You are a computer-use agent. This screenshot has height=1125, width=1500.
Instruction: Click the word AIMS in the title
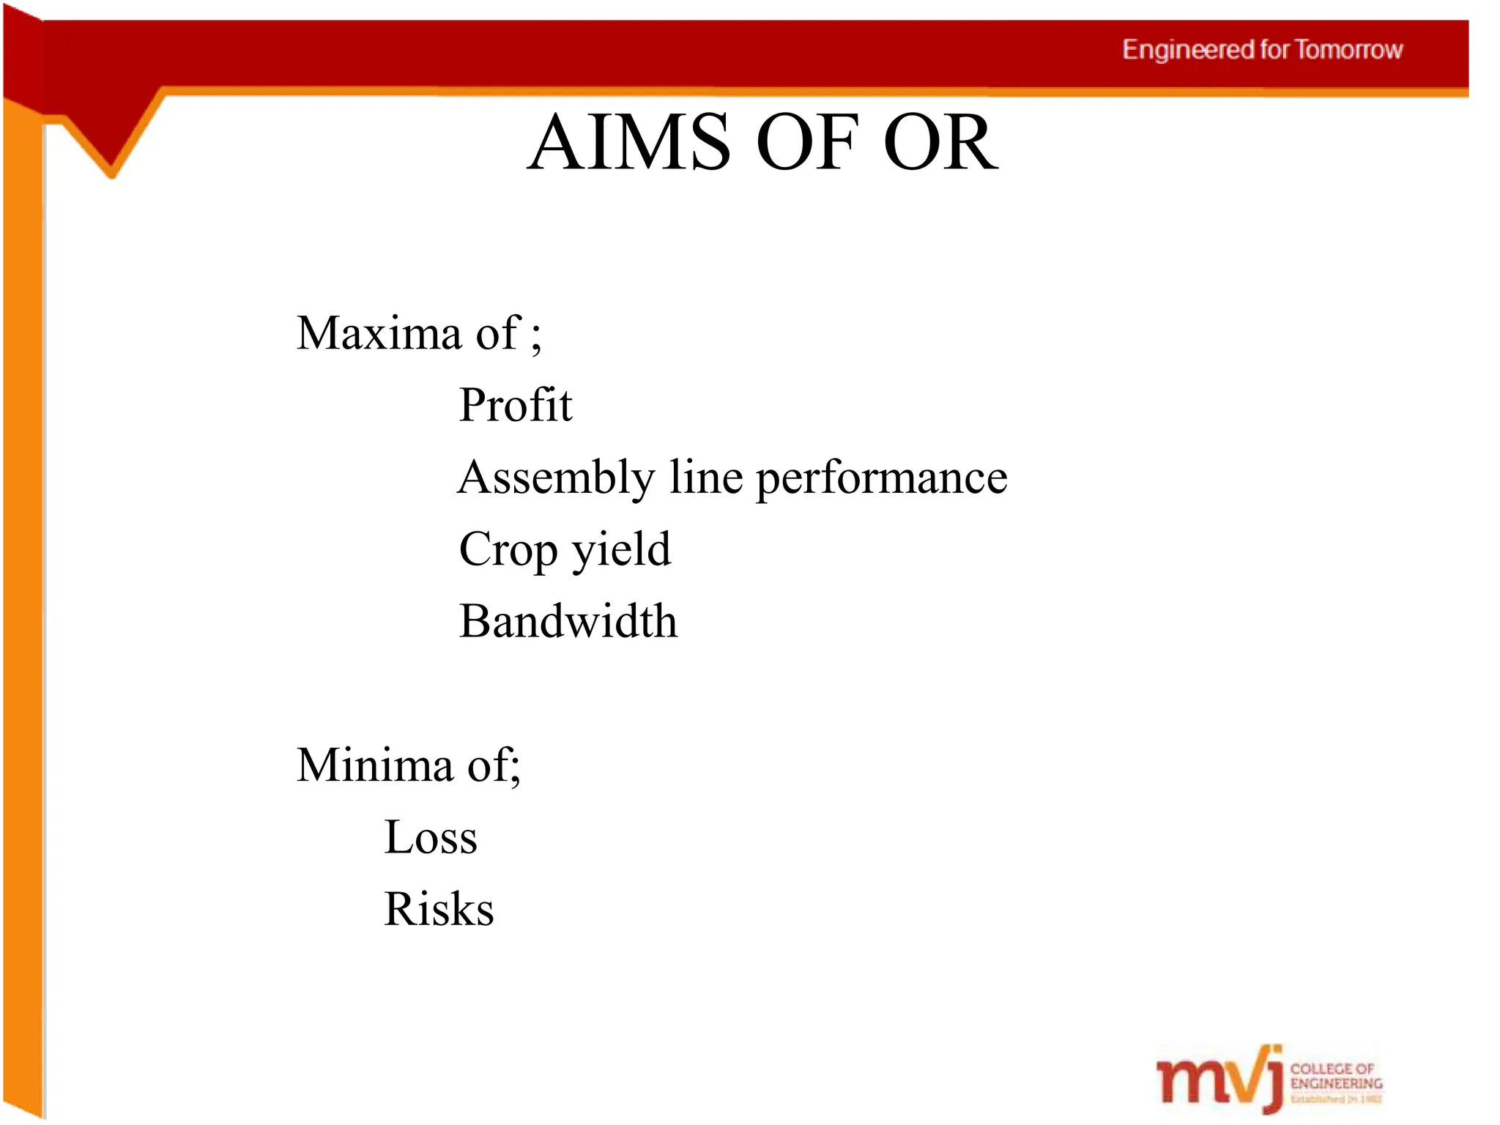coord(629,142)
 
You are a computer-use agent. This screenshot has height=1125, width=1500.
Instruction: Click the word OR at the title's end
coord(941,142)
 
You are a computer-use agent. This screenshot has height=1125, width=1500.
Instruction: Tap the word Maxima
coord(379,333)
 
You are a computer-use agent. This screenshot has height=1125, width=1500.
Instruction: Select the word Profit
coord(515,405)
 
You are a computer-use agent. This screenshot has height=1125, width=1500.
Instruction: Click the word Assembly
coord(556,478)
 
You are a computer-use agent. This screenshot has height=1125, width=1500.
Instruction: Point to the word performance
coord(881,478)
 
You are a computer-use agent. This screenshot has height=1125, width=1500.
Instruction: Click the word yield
coord(621,549)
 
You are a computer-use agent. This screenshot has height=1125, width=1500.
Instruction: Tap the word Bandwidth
coord(568,621)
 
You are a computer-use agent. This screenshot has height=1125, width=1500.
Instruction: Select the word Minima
coord(374,765)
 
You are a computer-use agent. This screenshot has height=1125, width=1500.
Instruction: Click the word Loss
coord(431,837)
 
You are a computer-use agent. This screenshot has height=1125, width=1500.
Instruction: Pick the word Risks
coord(439,909)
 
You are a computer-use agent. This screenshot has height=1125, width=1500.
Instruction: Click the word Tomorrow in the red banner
coord(1348,50)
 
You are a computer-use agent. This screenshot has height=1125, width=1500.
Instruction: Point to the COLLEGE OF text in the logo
coord(1332,1069)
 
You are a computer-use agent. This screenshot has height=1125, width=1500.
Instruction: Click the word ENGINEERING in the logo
coord(1336,1083)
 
